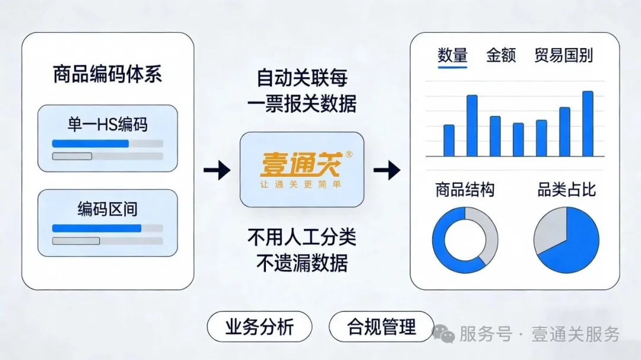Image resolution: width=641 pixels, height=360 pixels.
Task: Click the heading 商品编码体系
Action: (x=107, y=75)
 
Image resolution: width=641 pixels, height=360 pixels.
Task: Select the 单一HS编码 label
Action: (x=107, y=125)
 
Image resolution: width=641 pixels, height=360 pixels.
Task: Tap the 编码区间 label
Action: (x=107, y=209)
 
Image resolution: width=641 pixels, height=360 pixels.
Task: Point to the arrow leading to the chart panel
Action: (x=386, y=171)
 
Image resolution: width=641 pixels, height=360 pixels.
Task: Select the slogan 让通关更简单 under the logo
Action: (x=301, y=184)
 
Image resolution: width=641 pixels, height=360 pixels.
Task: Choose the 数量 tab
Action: (x=452, y=56)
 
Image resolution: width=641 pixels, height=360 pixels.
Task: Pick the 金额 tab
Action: (x=501, y=56)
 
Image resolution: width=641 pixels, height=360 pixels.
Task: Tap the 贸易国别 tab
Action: (x=563, y=56)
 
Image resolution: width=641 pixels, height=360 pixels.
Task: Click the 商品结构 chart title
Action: (x=465, y=190)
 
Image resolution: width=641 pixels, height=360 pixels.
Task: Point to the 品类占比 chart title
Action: (x=566, y=190)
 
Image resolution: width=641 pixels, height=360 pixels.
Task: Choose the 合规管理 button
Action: (x=382, y=327)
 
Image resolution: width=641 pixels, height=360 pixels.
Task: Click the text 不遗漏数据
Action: (x=302, y=262)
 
